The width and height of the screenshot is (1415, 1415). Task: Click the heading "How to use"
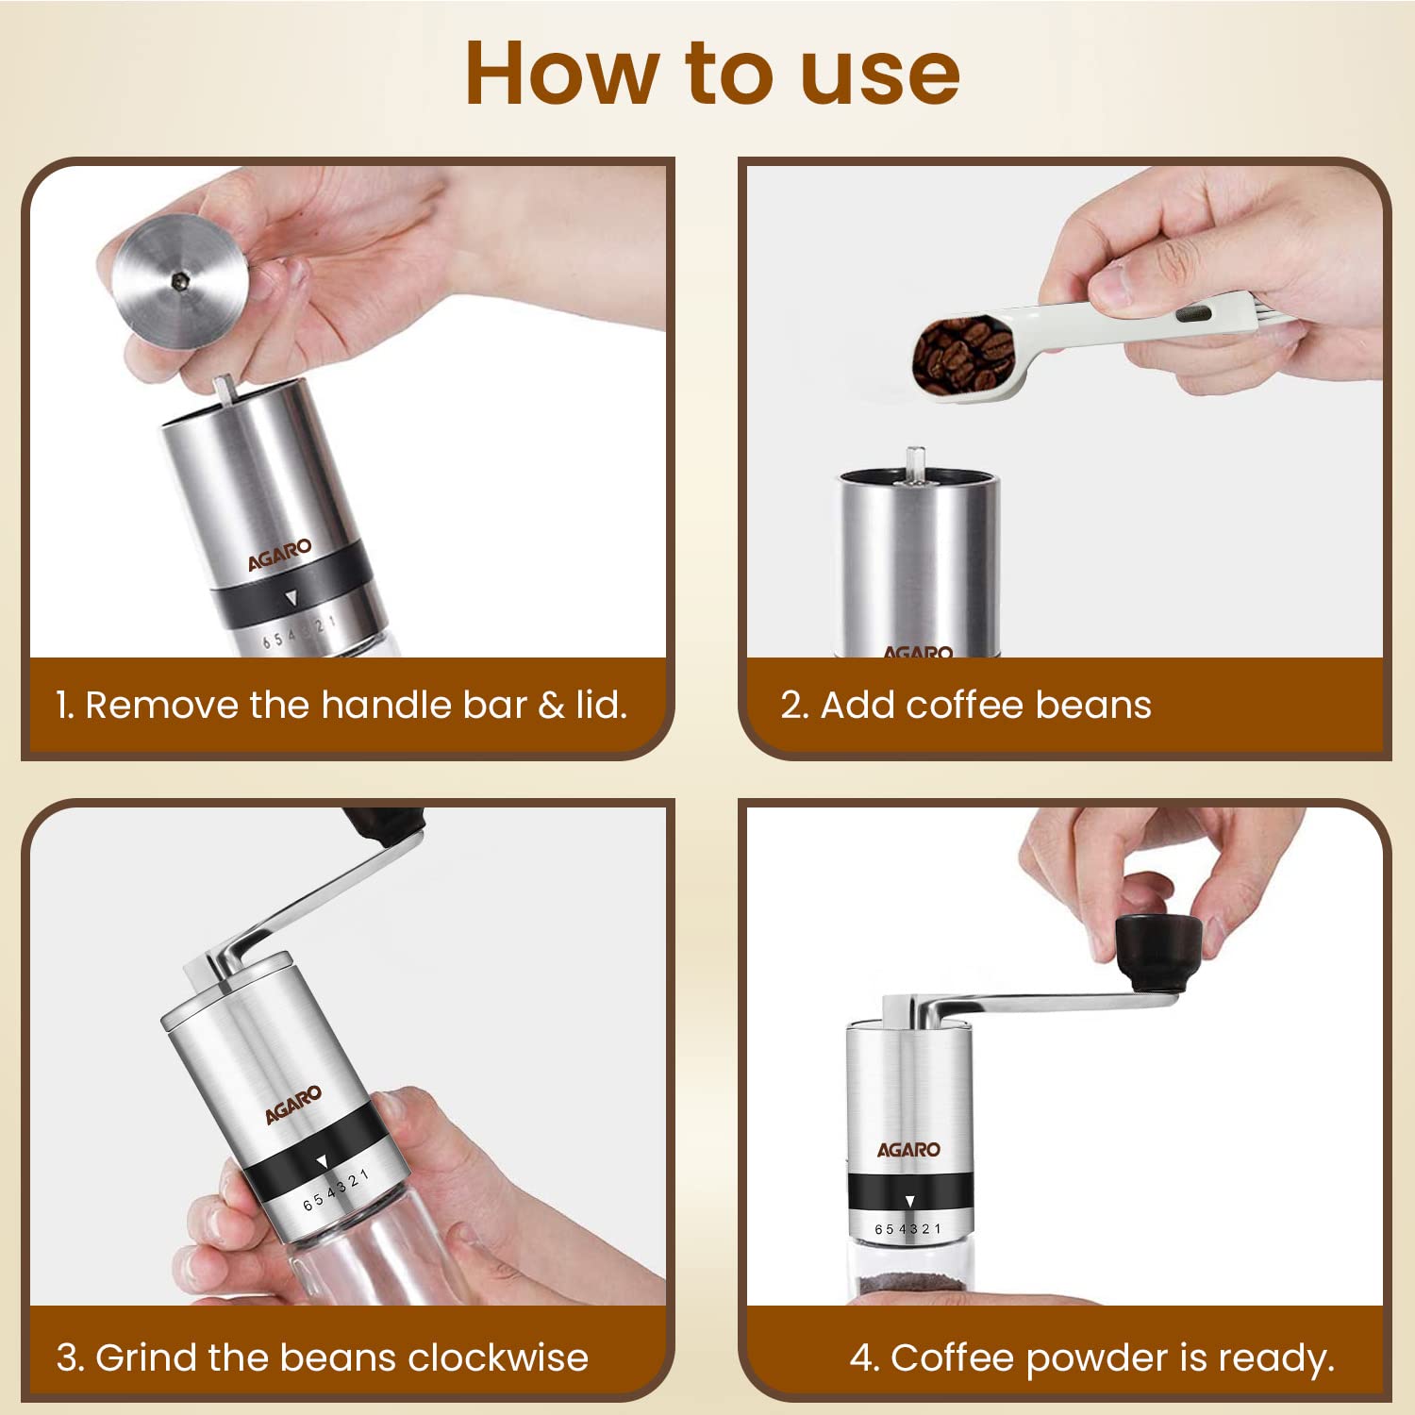712,74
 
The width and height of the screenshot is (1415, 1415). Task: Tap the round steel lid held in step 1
179,280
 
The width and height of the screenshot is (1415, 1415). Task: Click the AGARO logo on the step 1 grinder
279,556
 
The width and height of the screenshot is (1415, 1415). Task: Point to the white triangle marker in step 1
291,597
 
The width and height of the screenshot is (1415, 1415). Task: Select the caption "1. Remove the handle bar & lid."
341,705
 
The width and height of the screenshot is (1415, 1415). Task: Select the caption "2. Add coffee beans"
966,705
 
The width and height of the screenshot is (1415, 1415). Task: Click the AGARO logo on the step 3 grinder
292,1105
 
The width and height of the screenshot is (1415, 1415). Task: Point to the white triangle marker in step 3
322,1161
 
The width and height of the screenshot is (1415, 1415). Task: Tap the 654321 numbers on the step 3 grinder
336,1191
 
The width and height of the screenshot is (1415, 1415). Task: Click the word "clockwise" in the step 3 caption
498,1357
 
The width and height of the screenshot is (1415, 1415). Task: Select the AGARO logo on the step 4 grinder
908,1149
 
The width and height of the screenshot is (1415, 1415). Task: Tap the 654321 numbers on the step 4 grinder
907,1229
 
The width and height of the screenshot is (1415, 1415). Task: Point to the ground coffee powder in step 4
908,1284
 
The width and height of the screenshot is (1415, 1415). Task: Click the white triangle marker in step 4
909,1201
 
